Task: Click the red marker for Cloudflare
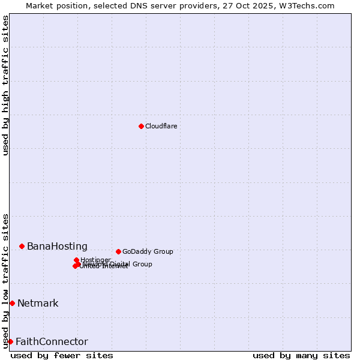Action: coord(141,126)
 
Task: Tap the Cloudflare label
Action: coord(161,126)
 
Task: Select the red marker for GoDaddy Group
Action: coord(118,251)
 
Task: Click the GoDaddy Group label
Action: coord(148,251)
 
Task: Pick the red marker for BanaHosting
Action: coord(22,246)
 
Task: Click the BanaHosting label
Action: coord(57,246)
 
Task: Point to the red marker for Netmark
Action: coord(12,303)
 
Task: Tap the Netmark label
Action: coord(38,303)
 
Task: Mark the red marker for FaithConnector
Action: coord(10,341)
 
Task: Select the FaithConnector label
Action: coord(52,341)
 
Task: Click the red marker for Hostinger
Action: coord(76,260)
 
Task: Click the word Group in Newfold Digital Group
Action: coord(143,264)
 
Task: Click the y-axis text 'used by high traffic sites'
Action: coord(6,85)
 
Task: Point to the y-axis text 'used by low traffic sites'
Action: coord(6,280)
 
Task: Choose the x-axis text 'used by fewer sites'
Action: coord(62,355)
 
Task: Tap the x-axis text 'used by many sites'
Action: coord(301,355)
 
